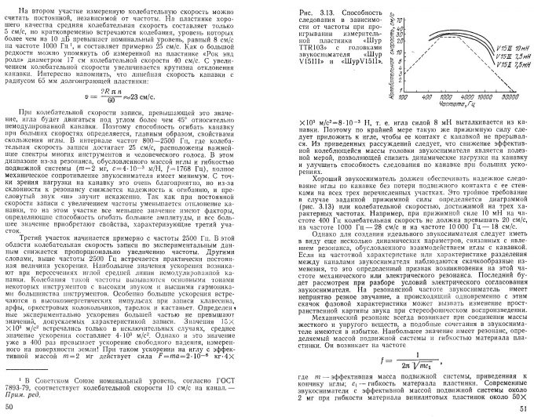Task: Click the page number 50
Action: coord(9,406)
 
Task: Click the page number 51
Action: coord(523,406)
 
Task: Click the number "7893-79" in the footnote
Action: coord(25,386)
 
